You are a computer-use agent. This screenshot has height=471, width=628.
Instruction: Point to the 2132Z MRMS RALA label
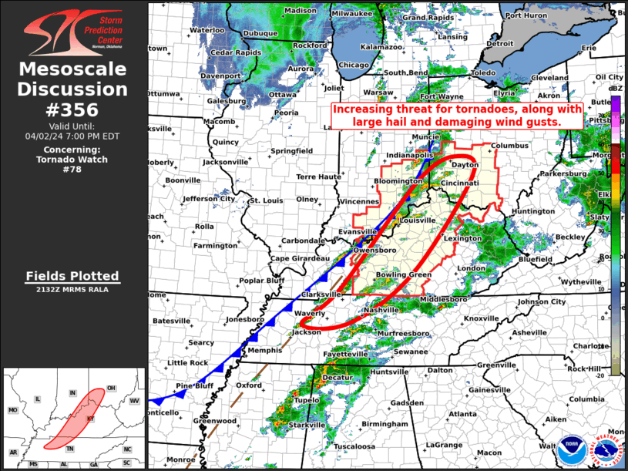[x=72, y=289]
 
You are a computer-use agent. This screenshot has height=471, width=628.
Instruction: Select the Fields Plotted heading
[x=72, y=276]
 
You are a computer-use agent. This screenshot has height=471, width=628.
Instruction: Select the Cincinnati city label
[x=461, y=183]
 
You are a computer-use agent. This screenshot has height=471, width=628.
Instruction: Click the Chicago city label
[x=354, y=66]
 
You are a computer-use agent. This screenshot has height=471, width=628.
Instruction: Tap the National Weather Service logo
[x=604, y=449]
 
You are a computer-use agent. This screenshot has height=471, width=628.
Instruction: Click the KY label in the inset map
[x=90, y=419]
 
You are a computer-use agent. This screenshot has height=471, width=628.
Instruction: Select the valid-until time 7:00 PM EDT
[x=72, y=136]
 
